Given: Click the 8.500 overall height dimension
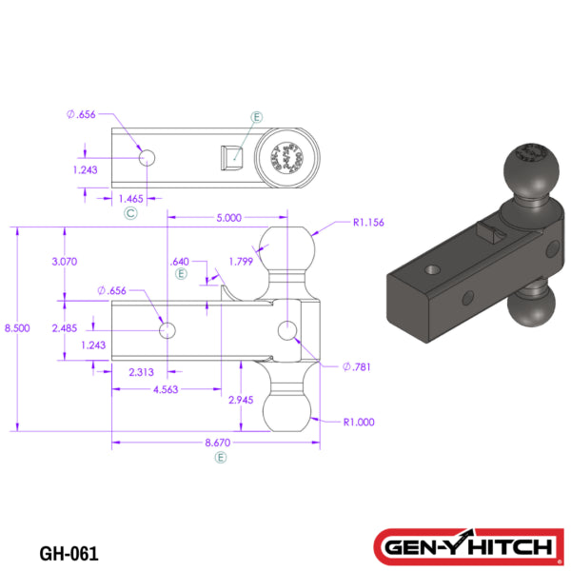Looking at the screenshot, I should pos(16,327).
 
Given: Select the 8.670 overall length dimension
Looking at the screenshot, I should pos(221,443).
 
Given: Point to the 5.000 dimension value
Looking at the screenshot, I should pos(228,217).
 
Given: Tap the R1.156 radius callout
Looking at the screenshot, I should pos(367,224).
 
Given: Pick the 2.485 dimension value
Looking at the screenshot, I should pos(65,327).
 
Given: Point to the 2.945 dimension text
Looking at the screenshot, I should pos(244,400).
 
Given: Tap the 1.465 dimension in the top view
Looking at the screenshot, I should pos(130,198).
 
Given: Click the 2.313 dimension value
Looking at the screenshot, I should pos(143,373).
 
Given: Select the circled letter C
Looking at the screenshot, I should pos(130,214).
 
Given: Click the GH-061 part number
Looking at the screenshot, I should pos(69,551).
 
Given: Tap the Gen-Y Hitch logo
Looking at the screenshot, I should pos(465,546).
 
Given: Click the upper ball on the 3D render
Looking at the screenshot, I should pos(530,167).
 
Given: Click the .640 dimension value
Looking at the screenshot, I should pos(178,261).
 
